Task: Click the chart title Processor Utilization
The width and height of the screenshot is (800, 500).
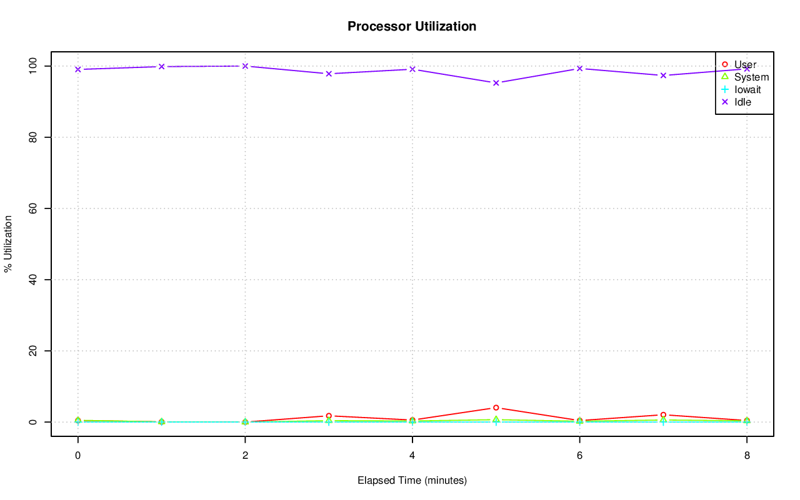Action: (x=412, y=26)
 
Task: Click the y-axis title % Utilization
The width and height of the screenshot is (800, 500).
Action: (x=8, y=243)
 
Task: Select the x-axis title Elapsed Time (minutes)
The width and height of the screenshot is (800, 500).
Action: (x=412, y=480)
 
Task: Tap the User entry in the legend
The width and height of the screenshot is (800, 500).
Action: (x=745, y=64)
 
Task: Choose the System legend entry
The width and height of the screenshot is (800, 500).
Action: (x=751, y=77)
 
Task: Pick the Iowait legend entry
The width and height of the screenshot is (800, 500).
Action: (x=747, y=89)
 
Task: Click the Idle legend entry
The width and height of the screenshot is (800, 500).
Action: (x=742, y=102)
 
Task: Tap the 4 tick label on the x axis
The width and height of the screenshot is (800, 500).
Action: (x=412, y=455)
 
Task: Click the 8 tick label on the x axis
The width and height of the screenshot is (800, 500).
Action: (x=747, y=455)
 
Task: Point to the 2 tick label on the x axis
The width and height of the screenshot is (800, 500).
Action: (x=245, y=455)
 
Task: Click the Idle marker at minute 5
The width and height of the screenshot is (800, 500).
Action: (x=496, y=82)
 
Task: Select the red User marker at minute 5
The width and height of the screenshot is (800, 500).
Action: (x=496, y=408)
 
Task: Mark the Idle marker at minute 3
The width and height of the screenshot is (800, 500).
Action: (x=329, y=74)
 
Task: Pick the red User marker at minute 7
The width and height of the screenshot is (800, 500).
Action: (x=663, y=414)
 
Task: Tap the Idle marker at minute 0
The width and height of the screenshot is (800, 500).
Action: (x=77, y=69)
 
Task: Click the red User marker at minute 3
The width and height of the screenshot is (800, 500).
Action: (x=329, y=416)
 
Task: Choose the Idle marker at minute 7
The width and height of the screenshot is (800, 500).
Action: (x=663, y=76)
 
